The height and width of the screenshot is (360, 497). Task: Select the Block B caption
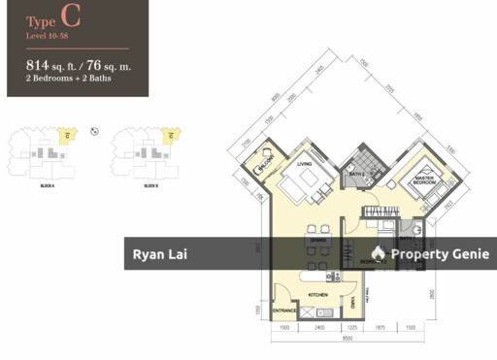[150, 184]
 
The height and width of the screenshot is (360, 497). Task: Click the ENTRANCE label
[284, 311]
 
